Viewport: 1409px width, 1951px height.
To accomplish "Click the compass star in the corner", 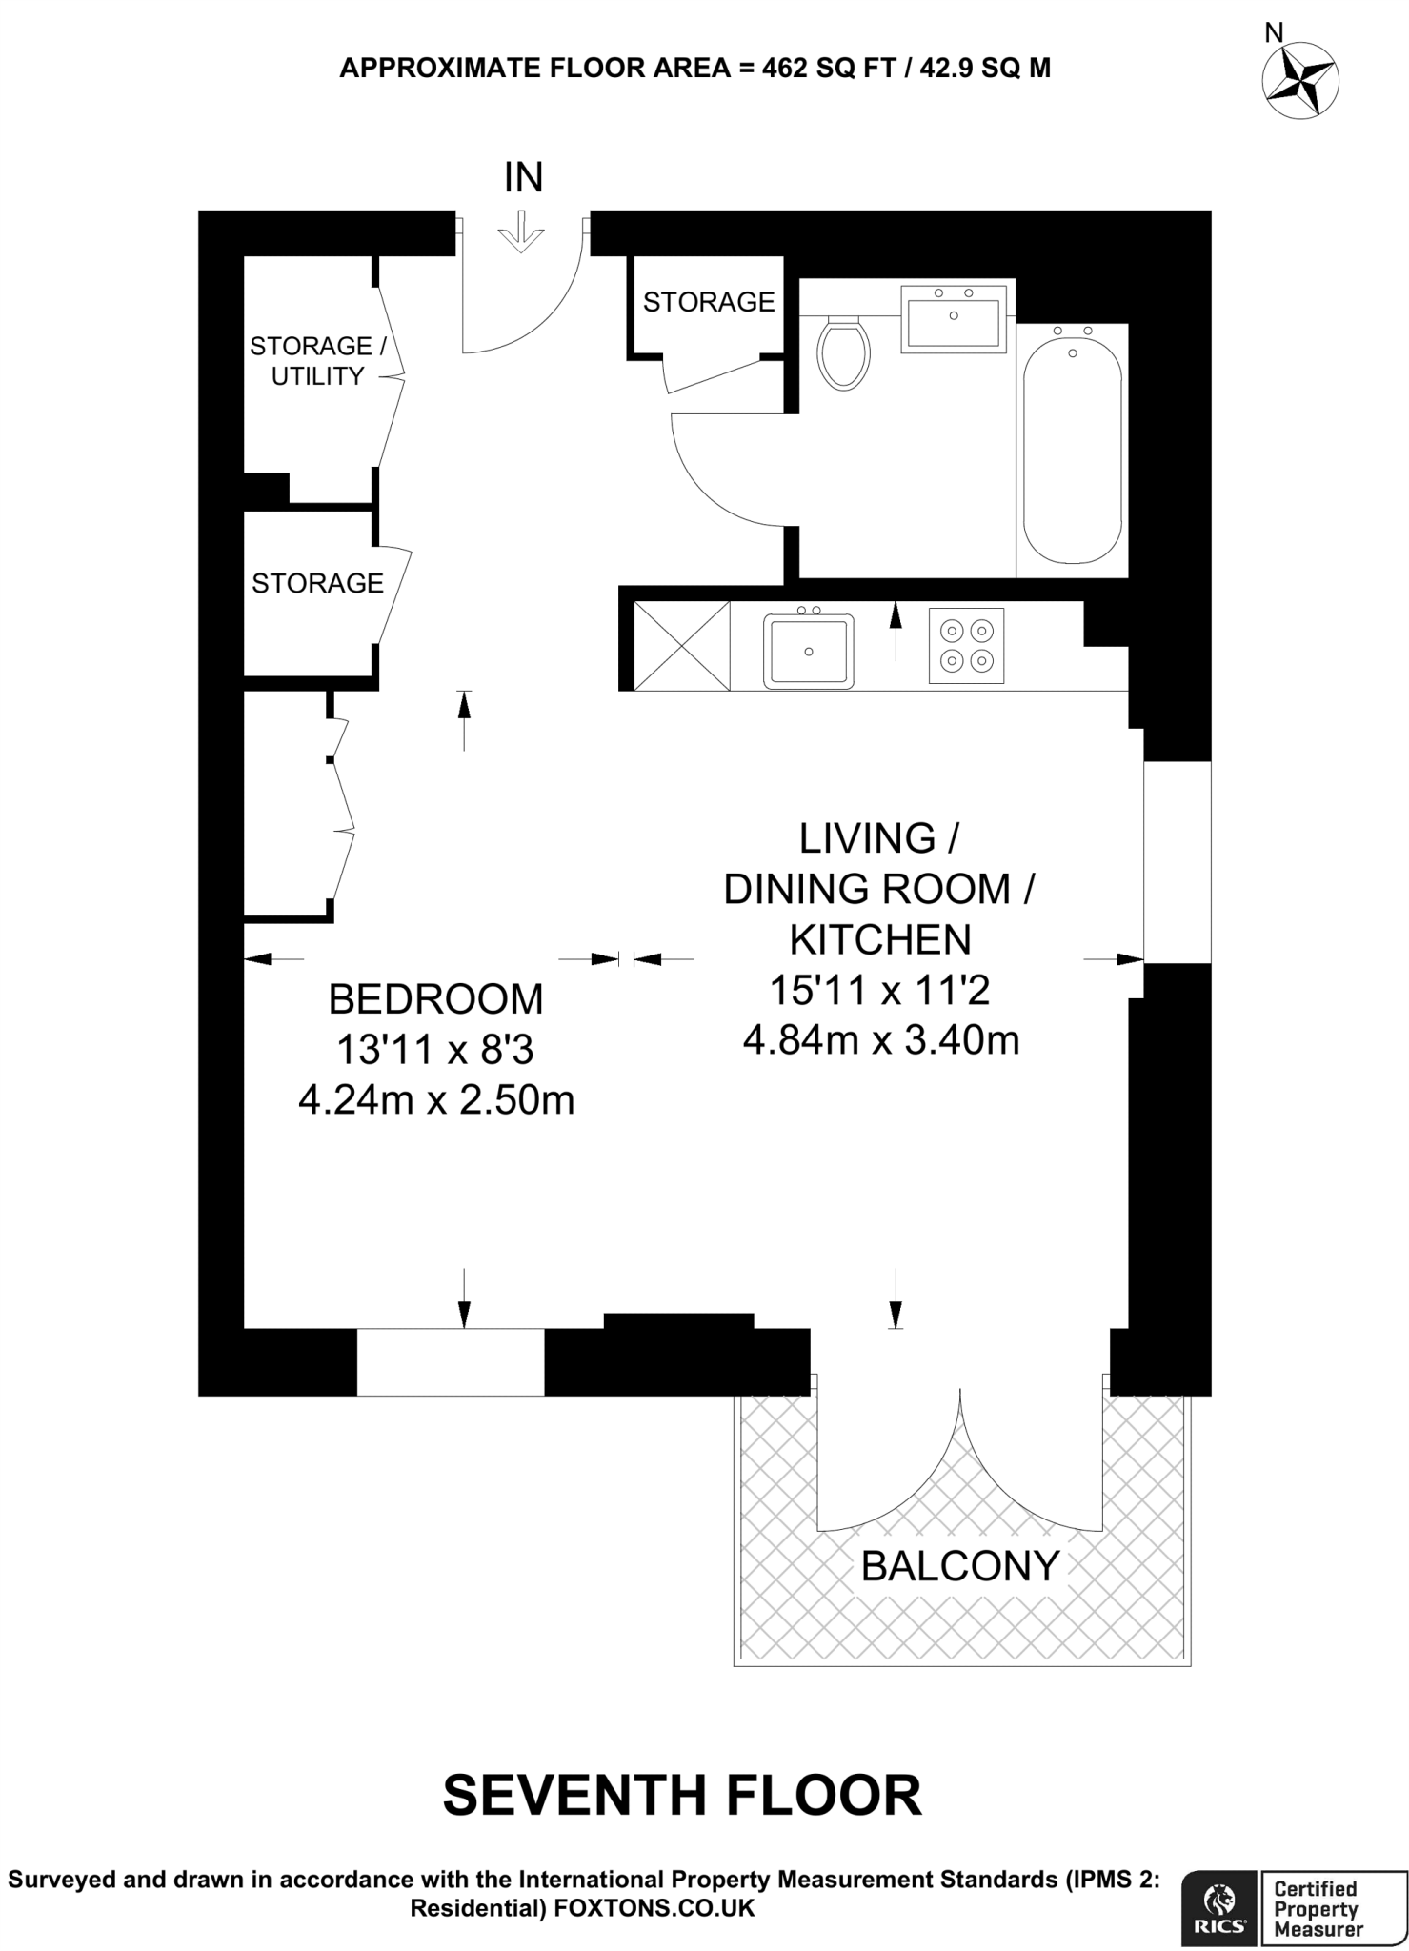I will [x=1299, y=80].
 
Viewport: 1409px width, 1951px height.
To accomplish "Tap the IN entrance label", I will [x=523, y=178].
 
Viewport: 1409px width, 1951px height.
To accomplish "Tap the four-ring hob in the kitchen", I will [x=966, y=645].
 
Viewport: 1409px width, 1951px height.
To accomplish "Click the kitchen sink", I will [x=808, y=651].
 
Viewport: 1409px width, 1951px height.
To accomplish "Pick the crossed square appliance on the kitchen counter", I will [x=681, y=645].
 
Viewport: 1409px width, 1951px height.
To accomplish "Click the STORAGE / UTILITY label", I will [x=317, y=361].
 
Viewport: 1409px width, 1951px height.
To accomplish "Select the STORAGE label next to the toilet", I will [x=709, y=302].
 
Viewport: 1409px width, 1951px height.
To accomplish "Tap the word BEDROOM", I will [x=435, y=999].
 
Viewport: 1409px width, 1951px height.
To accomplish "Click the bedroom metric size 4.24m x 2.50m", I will [x=436, y=1100].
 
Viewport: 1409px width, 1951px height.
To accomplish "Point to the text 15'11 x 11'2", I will [x=879, y=990].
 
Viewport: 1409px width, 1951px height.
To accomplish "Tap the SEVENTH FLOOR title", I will [x=682, y=1796].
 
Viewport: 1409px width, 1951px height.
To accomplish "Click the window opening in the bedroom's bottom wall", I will [x=451, y=1361].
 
